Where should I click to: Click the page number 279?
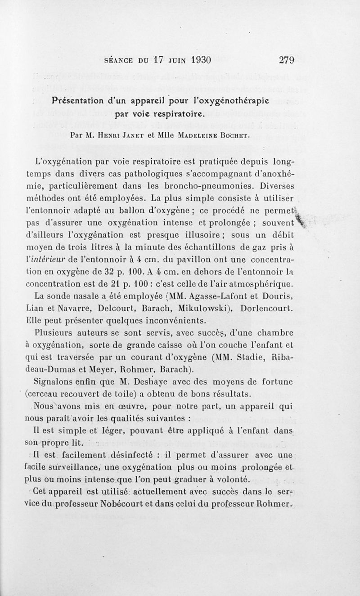pyautogui.click(x=286, y=60)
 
